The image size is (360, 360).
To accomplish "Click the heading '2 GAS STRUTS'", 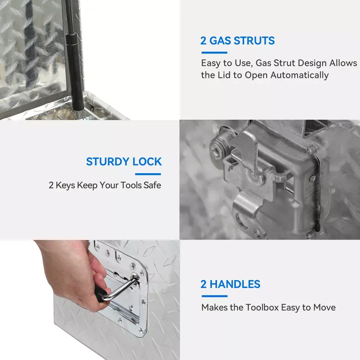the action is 237,40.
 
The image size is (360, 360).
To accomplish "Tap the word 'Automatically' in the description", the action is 299,75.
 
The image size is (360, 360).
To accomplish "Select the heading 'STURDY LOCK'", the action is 124,162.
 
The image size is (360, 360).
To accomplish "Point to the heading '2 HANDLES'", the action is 230,284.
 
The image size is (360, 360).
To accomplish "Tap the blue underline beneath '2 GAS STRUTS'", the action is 214,52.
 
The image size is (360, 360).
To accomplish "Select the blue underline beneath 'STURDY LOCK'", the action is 148,174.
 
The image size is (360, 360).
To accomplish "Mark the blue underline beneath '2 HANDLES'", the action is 214,296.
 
